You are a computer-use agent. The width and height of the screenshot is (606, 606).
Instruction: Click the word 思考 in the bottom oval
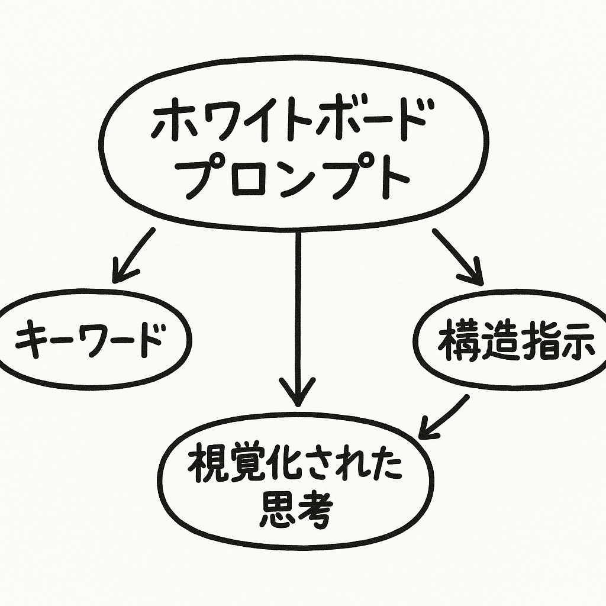tap(296, 509)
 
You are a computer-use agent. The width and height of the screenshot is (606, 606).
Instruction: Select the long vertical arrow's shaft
tap(298, 308)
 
